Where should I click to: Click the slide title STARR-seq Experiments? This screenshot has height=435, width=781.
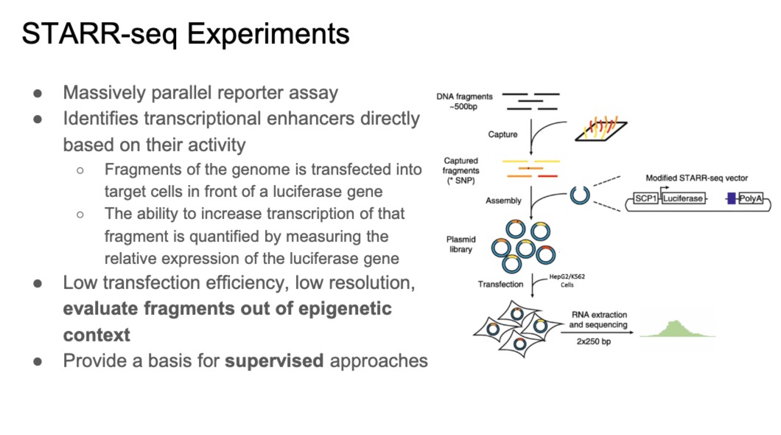pyautogui.click(x=185, y=35)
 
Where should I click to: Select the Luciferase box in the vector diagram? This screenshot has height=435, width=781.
pyautogui.click(x=683, y=199)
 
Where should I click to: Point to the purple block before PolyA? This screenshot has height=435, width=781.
pyautogui.click(x=730, y=199)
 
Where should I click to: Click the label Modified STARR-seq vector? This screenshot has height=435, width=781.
pyautogui.click(x=693, y=178)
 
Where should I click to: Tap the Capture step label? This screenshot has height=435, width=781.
pyautogui.click(x=502, y=135)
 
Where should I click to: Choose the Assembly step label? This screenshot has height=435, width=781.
pyautogui.click(x=503, y=201)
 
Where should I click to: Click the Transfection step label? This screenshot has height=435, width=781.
pyautogui.click(x=500, y=284)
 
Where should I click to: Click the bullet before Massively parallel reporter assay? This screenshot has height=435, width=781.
pyautogui.click(x=37, y=94)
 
